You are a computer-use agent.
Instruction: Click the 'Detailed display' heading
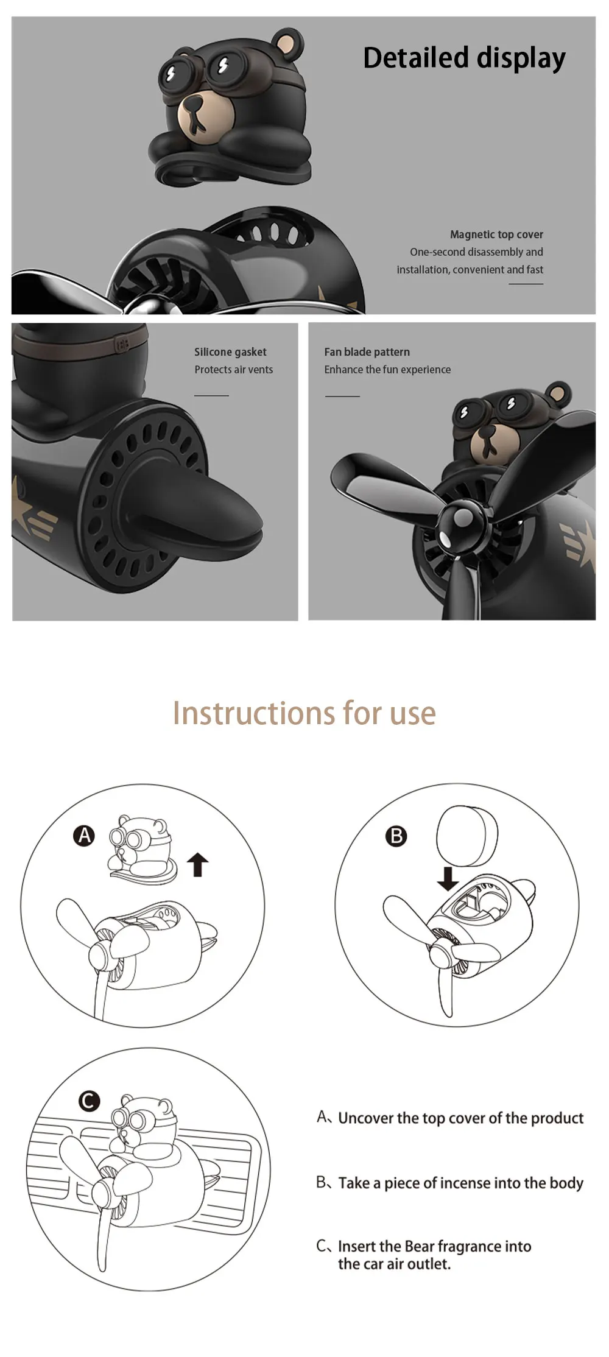(464, 58)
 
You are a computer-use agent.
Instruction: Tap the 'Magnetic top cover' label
(496, 234)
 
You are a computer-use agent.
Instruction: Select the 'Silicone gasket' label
(230, 352)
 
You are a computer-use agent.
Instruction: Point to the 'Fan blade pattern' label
(367, 352)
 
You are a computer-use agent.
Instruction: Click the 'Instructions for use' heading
(304, 713)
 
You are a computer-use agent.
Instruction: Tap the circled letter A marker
(85, 835)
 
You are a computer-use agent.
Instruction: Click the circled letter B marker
(396, 836)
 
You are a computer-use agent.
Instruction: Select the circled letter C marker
(89, 1101)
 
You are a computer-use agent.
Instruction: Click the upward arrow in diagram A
(197, 864)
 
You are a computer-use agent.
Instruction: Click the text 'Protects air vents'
(234, 370)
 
